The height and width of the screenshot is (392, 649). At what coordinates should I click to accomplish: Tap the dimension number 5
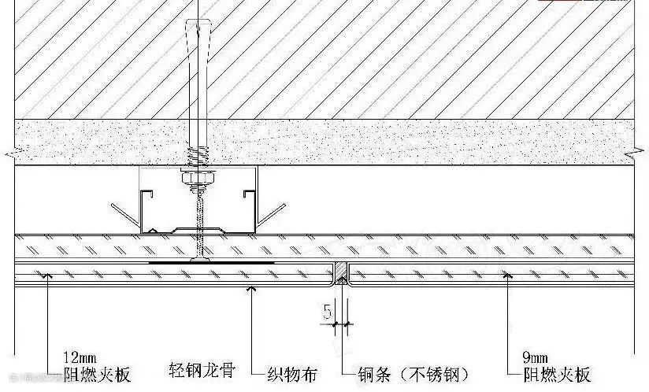[326, 311]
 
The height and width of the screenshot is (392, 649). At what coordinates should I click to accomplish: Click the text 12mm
[84, 355]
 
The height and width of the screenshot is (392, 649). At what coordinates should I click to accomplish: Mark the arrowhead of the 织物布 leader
[251, 287]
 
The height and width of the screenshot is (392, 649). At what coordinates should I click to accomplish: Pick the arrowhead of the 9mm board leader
[509, 275]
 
